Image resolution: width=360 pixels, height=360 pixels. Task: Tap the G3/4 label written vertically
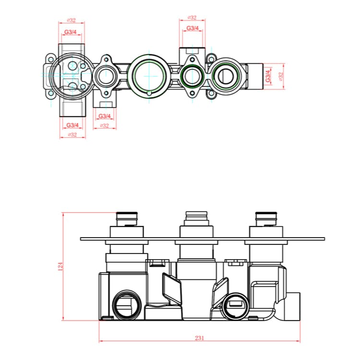(x=268, y=76)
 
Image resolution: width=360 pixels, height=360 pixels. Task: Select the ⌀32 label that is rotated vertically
(x=281, y=76)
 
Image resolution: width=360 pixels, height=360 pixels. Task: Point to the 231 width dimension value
(x=200, y=338)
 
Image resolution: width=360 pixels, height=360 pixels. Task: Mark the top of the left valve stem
(x=127, y=215)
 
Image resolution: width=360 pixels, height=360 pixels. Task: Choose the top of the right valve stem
(x=266, y=215)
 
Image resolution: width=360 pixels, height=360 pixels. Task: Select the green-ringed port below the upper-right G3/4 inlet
(x=192, y=75)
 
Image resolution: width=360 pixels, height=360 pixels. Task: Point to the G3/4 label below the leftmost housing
(x=72, y=125)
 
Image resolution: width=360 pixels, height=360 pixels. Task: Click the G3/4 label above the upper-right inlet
(x=192, y=28)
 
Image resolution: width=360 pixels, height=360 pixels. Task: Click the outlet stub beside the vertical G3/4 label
(x=256, y=76)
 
